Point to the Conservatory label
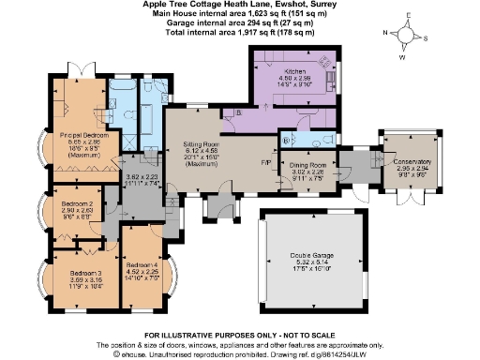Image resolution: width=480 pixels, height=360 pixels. [407, 161]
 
